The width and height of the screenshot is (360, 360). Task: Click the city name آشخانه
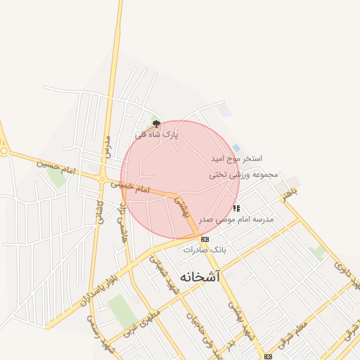(x=200, y=277)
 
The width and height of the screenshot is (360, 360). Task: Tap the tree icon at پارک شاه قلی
(x=156, y=124)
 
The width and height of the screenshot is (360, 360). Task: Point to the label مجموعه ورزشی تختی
(x=243, y=174)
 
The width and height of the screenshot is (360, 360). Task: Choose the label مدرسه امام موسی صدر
(x=236, y=219)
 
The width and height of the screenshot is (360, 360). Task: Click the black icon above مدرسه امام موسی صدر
(x=236, y=208)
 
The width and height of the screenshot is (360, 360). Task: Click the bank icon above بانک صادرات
(x=205, y=239)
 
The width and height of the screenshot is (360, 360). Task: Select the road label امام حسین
(x=56, y=167)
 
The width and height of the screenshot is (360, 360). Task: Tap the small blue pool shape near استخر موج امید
(x=236, y=148)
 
